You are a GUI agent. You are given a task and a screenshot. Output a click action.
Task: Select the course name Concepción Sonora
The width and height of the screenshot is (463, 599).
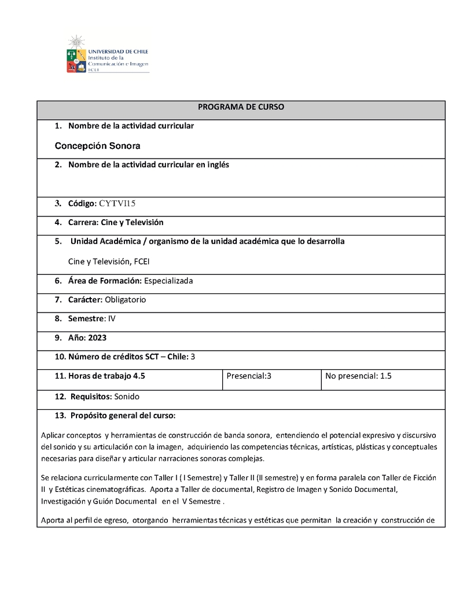[x=97, y=146]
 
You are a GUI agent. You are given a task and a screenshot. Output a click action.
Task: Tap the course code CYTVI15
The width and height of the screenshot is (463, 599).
[x=117, y=203]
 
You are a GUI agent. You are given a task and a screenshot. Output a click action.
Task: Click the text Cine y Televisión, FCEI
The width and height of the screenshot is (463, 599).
[x=109, y=262]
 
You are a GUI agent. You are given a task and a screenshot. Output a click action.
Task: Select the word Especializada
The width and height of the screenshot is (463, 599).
[x=168, y=281]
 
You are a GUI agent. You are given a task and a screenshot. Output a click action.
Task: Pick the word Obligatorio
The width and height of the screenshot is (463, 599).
[x=126, y=300]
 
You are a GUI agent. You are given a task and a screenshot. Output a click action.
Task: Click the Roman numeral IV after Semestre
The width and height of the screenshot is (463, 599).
[x=112, y=319]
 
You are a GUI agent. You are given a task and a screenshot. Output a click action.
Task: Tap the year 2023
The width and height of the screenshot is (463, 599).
[x=98, y=338]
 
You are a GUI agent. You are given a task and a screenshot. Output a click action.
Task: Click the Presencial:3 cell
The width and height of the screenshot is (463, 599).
[x=249, y=376]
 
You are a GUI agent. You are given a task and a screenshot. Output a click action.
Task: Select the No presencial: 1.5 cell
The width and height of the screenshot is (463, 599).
[x=358, y=376]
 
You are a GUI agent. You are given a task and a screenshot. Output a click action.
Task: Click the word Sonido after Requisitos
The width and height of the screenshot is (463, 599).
[x=127, y=397]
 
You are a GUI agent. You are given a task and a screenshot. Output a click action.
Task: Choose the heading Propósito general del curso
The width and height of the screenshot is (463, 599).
[x=123, y=416]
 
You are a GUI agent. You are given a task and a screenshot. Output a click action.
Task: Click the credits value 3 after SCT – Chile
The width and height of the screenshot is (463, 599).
[x=193, y=357]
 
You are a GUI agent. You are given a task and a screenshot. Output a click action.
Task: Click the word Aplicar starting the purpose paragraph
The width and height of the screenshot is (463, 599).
[x=54, y=435]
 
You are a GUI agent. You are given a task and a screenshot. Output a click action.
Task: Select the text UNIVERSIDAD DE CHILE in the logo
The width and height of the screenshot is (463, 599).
[x=117, y=51]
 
